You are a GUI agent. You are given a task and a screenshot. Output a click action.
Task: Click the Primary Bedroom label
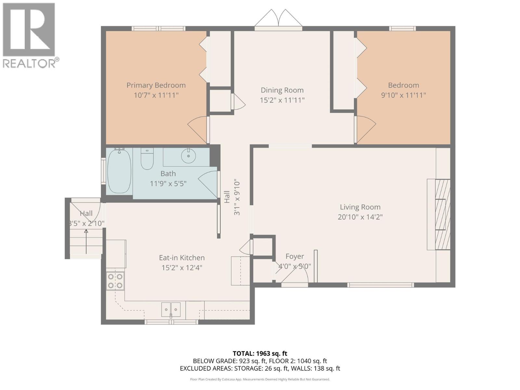(156, 85)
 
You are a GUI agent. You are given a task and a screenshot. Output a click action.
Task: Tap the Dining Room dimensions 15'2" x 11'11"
(282, 100)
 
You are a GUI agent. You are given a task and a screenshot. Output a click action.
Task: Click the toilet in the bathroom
(147, 159)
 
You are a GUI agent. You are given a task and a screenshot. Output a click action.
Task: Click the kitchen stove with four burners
(115, 281)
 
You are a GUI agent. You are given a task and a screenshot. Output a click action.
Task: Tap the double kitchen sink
(171, 309)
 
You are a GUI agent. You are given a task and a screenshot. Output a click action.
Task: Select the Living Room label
(360, 207)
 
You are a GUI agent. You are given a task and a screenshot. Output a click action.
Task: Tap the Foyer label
(295, 256)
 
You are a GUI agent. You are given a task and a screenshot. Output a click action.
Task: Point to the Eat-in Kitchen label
(182, 258)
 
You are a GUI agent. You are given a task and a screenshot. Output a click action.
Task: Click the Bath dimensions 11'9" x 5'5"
(168, 184)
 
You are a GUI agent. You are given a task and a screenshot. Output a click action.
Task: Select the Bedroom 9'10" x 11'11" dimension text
(403, 95)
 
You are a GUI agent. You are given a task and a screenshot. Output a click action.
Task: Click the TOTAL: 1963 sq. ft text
(260, 353)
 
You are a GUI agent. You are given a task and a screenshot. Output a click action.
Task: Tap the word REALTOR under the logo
(29, 63)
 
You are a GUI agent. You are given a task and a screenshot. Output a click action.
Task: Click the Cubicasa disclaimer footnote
(260, 379)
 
